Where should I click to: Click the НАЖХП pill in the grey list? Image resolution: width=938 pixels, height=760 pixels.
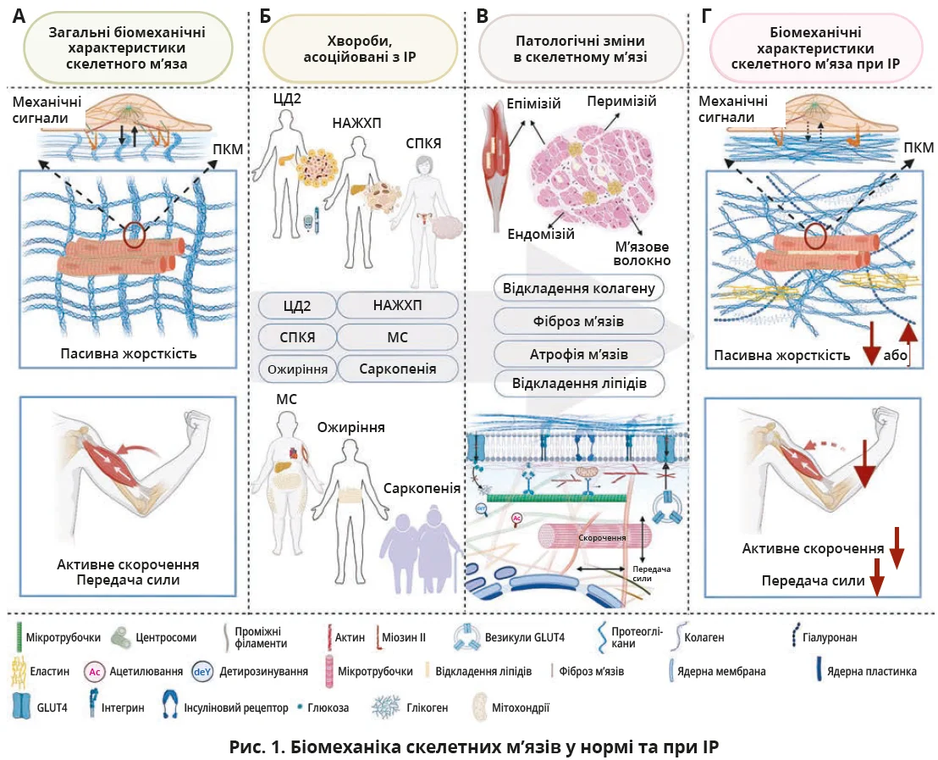coord(398,305)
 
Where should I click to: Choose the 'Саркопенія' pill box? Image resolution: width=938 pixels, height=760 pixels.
coord(398,370)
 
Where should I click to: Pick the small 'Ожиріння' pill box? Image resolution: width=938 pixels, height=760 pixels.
coord(296,370)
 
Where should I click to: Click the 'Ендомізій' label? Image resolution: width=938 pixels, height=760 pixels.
coord(541,234)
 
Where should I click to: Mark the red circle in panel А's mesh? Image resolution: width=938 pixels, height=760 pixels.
coord(134,234)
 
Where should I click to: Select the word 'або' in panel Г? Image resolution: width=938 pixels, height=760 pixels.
coord(894,356)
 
